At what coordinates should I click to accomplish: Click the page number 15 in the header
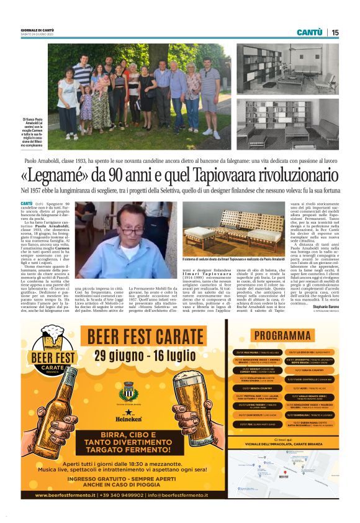[335, 32]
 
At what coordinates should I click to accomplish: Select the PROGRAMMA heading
[282, 336]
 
